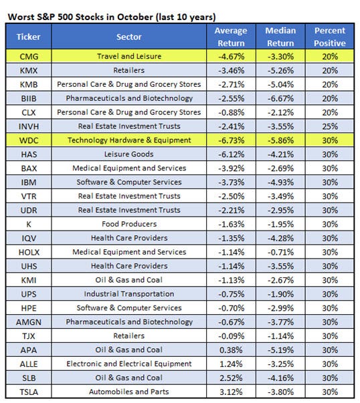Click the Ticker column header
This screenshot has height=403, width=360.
28,37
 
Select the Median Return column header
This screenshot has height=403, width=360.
282,37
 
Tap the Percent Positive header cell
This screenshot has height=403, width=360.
329,37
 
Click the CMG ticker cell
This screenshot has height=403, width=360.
28,57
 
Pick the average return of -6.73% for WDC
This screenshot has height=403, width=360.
230,140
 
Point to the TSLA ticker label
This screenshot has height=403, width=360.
28,392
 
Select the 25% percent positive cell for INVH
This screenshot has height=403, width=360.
329,126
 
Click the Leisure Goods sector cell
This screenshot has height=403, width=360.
128,154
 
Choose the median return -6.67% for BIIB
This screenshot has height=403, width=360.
282,98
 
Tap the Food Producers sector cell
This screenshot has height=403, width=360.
128,224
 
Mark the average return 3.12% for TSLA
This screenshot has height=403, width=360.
230,392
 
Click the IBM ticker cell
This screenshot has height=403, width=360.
28,182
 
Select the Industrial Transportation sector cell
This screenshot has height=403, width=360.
128,294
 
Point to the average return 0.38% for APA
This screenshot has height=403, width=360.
230,350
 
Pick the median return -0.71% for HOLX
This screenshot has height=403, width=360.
282,252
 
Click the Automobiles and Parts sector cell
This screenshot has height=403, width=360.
128,392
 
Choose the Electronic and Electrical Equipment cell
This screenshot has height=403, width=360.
128,364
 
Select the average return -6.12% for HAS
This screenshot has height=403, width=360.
230,154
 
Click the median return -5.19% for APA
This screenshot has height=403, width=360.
282,350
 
